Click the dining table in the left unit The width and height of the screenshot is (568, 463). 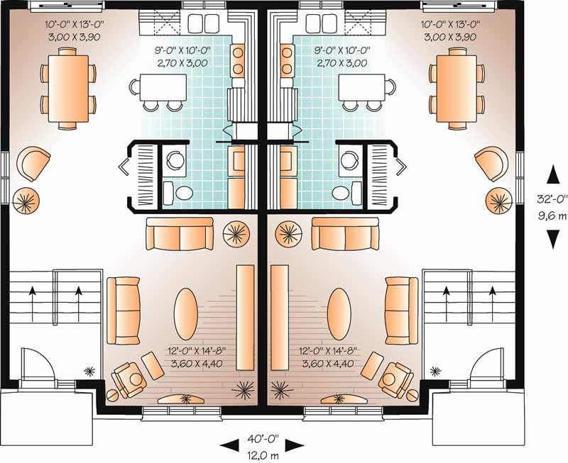(x=69, y=87)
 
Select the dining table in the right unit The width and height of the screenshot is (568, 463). (x=457, y=87)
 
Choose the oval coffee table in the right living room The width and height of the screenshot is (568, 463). (x=339, y=308)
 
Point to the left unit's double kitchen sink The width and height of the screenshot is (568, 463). (x=203, y=22)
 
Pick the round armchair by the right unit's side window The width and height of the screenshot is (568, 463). (x=490, y=164)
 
